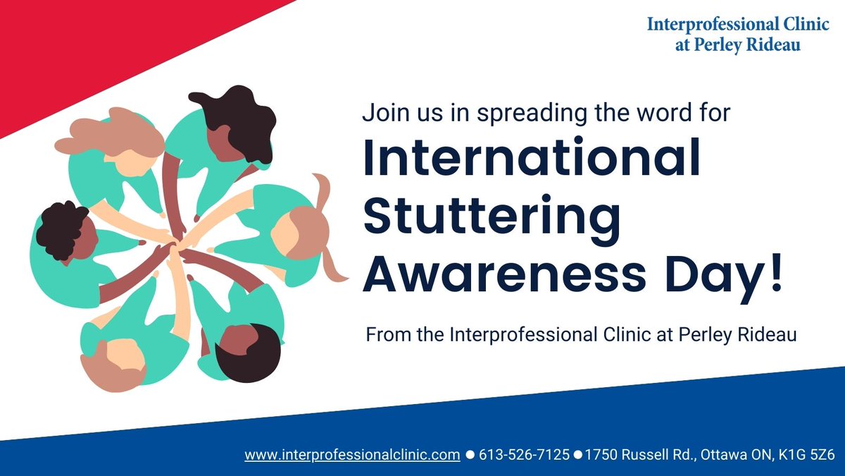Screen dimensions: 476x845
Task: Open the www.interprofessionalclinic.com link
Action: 352,455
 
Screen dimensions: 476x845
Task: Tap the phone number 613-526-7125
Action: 524,455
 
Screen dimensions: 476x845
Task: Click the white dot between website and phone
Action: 470,456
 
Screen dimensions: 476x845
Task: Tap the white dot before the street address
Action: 577,456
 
